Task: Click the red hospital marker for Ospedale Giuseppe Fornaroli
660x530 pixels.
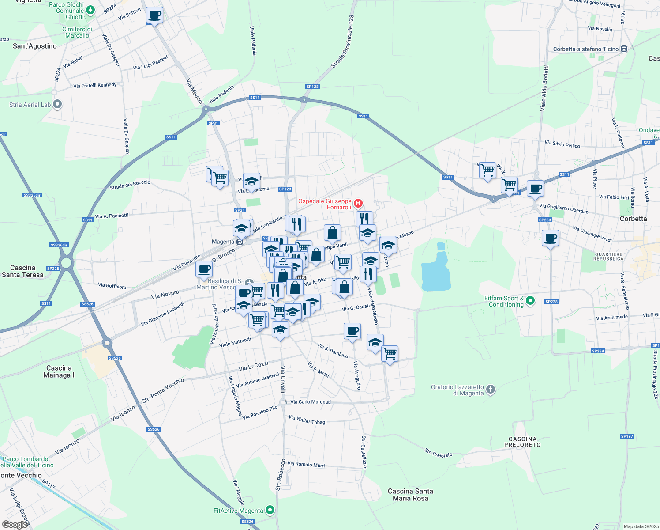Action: (x=358, y=204)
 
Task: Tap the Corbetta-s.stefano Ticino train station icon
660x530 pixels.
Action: (x=624, y=49)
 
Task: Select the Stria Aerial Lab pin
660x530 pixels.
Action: (x=57, y=105)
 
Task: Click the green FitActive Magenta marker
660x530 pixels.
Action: (x=270, y=510)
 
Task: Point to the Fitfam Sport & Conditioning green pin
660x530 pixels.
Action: (x=530, y=301)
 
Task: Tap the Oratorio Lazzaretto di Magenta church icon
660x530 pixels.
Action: (x=491, y=390)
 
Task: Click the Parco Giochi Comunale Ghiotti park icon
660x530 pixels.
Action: (x=90, y=10)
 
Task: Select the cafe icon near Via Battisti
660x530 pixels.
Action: (x=154, y=15)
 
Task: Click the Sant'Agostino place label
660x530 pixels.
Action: (x=35, y=46)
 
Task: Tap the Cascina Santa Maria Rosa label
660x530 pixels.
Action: (x=410, y=495)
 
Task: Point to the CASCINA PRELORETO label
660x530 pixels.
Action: (x=522, y=442)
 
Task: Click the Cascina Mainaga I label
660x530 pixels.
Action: (x=59, y=371)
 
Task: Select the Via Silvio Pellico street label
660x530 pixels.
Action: (x=562, y=144)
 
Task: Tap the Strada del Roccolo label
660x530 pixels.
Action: (x=130, y=185)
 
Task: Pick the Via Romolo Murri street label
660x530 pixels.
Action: (x=306, y=464)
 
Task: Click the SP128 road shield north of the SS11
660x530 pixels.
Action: (x=312, y=87)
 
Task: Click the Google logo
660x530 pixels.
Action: (x=15, y=524)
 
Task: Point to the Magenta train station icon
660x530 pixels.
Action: (x=240, y=242)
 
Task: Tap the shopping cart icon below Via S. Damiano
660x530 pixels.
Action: (x=390, y=353)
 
